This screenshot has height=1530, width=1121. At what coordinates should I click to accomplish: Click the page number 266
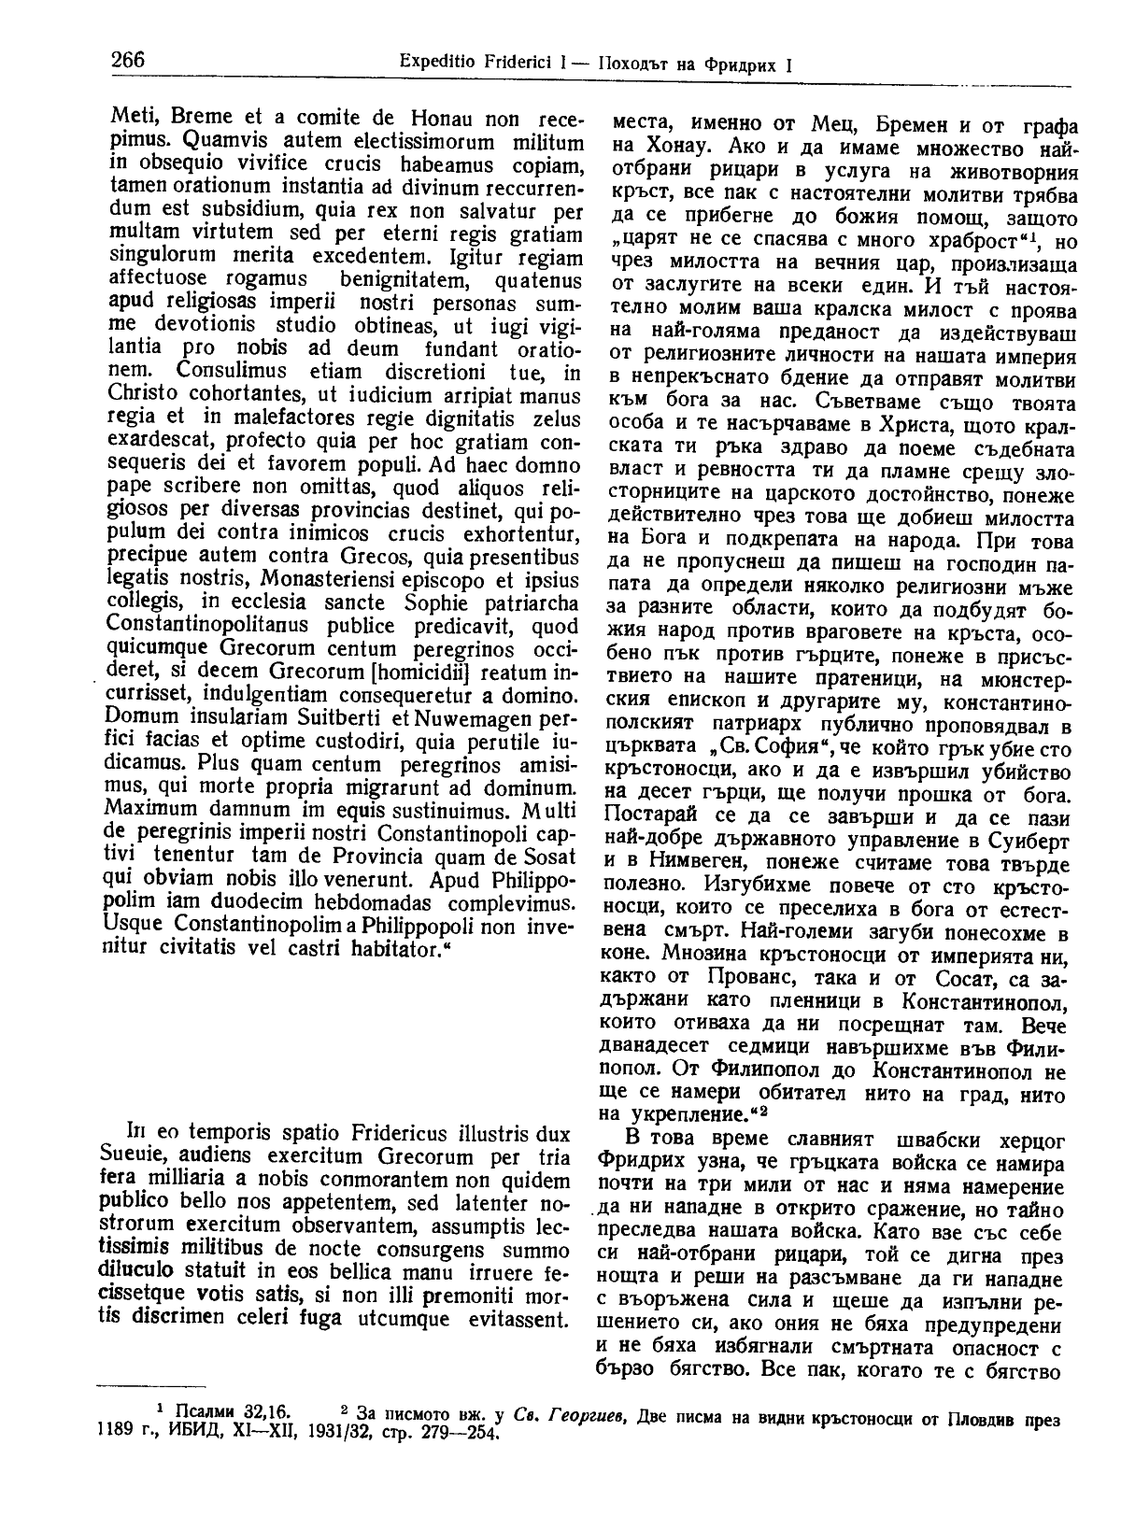pyautogui.click(x=128, y=61)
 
